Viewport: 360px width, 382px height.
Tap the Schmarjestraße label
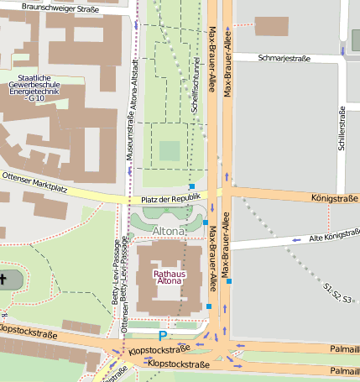[284, 58]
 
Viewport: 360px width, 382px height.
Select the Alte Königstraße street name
[334, 236]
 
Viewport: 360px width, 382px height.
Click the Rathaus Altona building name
[170, 277]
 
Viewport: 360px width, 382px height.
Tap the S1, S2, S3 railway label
[337, 293]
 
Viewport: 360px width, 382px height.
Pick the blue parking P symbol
[162, 322]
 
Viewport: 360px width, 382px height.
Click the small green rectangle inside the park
[170, 151]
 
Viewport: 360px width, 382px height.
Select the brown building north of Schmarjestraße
[271, 26]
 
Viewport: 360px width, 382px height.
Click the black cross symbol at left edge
[3, 279]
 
